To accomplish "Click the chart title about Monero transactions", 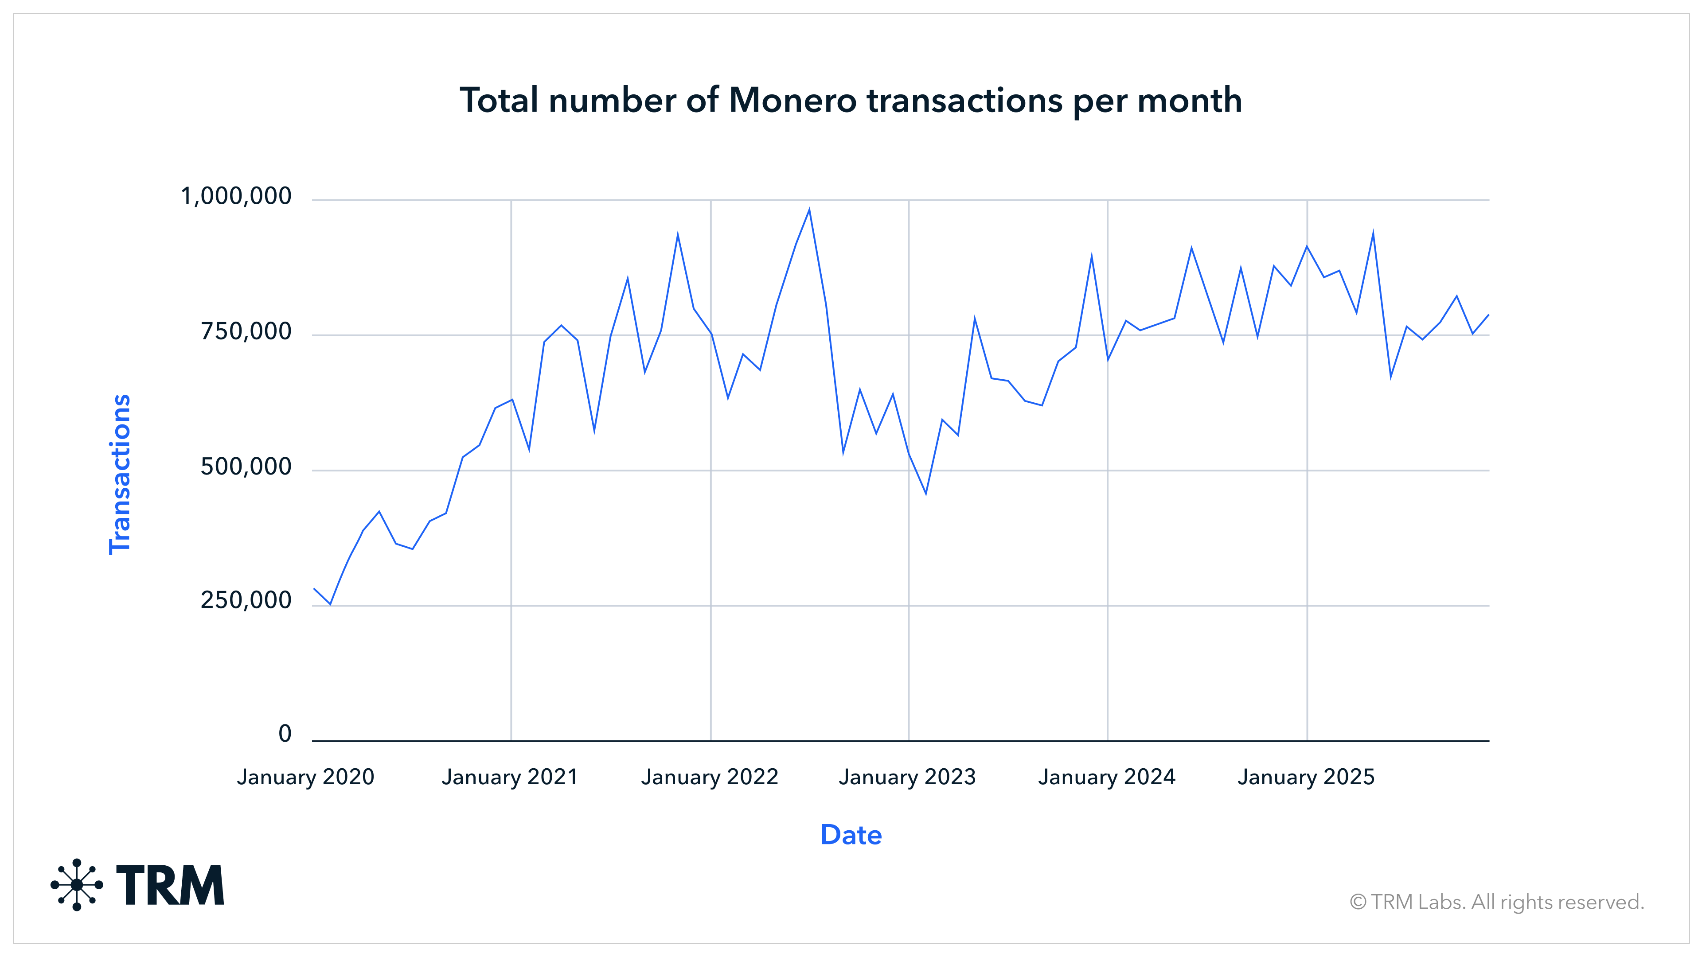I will (x=851, y=101).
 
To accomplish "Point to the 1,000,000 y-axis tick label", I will (x=236, y=196).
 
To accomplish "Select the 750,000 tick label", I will (x=246, y=331).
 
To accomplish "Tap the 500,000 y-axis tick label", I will (x=246, y=467).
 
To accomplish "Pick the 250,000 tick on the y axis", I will (x=246, y=600).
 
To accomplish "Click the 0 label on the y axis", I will (x=285, y=733).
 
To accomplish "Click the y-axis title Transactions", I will (x=120, y=474).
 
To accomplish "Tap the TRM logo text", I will (x=171, y=885).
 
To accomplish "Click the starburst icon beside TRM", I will (x=77, y=885).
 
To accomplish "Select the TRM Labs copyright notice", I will (x=1496, y=902).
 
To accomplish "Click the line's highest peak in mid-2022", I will (x=809, y=210).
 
